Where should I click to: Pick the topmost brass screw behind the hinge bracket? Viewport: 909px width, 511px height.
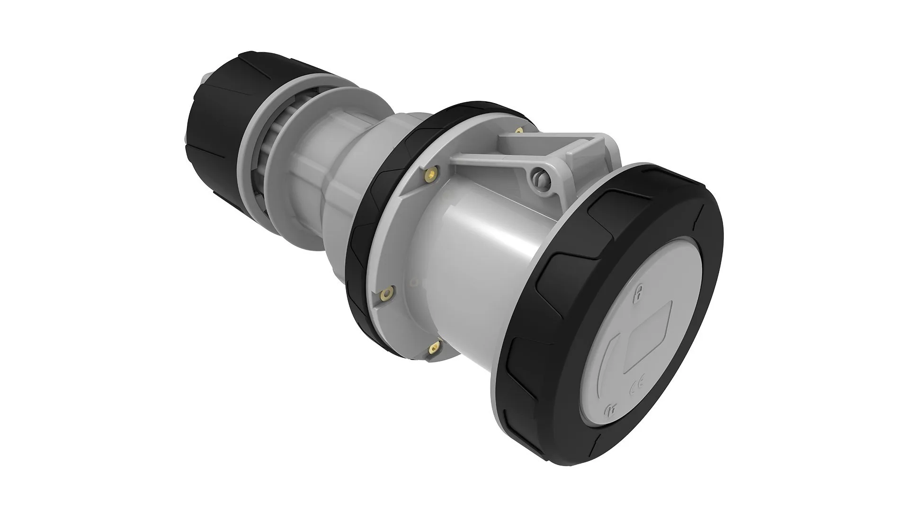(520, 130)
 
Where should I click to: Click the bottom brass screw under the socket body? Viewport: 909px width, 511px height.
(433, 349)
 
